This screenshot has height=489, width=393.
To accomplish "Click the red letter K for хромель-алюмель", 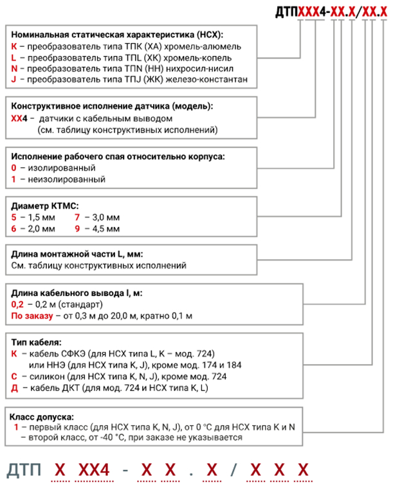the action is coord(14,46).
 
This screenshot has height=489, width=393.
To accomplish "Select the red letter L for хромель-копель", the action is coord(14,58).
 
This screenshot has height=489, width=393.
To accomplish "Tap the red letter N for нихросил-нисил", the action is coord(14,69).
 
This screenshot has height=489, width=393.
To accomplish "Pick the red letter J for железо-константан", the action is coord(14,80).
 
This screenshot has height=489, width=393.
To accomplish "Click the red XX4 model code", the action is coord(19,118).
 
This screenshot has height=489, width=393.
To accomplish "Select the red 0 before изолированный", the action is coord(14,168).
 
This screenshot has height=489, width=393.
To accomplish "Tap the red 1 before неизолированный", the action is coord(14,180).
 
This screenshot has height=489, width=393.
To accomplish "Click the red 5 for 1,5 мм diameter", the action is coord(14,217).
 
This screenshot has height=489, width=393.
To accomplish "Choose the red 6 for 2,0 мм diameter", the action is coord(14,228).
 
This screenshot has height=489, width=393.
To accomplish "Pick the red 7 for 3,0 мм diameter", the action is coord(77,217).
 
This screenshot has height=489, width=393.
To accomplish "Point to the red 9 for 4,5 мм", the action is coord(77,228).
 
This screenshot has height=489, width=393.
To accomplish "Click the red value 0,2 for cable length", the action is coord(17,304).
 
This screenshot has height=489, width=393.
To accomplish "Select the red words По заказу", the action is coord(32,316).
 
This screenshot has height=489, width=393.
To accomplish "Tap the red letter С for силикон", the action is coord(14,376).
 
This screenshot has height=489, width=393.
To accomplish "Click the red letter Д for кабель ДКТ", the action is coord(15,388).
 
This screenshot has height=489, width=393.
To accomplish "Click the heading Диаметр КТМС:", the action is coord(45,206).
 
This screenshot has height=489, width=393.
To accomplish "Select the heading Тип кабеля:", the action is coord(37,342).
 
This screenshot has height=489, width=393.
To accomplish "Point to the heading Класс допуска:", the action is coord(42,417).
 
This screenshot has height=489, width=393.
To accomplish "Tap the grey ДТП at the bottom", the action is coord(24,470).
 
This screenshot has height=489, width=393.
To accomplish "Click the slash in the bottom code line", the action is coord(233,470).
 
